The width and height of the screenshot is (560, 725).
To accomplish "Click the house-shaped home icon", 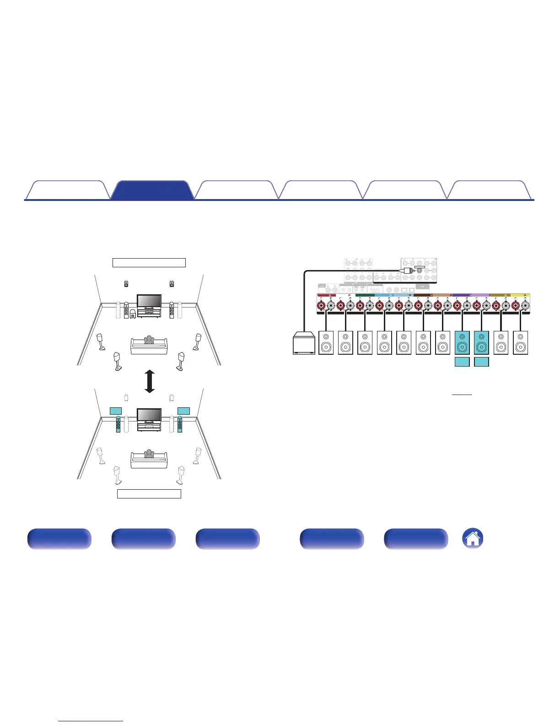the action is click(x=473, y=538).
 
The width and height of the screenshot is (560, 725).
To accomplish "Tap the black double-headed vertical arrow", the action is click(x=149, y=382).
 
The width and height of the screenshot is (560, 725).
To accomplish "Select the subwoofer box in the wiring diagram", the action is click(x=303, y=344).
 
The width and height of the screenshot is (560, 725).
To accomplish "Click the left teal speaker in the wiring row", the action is click(x=462, y=343).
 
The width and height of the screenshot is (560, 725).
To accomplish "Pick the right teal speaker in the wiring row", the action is click(x=481, y=343).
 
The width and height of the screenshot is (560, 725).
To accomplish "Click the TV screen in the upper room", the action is click(x=149, y=301).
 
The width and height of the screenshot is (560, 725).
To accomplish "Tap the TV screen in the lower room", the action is click(x=149, y=415).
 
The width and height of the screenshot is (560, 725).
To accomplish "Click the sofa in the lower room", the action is click(x=149, y=460).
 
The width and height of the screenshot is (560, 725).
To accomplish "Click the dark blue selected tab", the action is click(x=152, y=190).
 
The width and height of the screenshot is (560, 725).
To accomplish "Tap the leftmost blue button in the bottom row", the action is click(x=59, y=539).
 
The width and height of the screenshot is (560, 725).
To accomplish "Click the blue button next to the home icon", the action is click(x=416, y=539).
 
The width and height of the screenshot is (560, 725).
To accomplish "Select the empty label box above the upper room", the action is click(x=149, y=263).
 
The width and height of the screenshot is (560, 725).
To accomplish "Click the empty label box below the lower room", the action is click(x=149, y=494).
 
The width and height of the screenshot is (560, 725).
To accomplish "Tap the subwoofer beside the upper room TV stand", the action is click(x=133, y=314).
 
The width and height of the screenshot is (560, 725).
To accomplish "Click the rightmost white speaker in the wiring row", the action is click(x=520, y=343).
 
